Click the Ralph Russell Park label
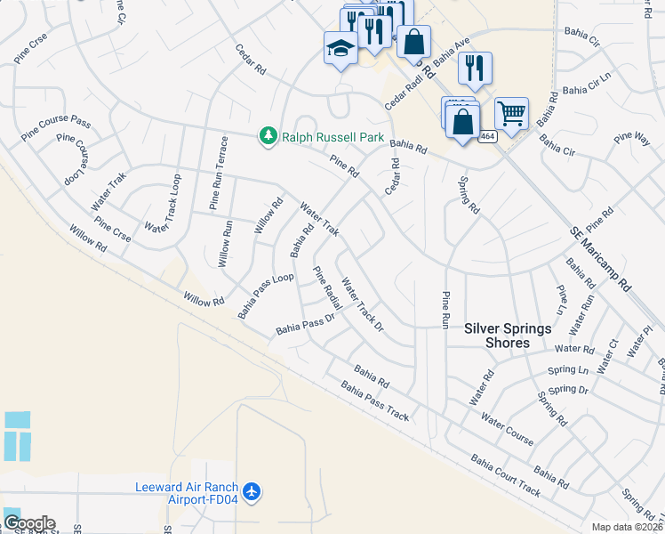coord(333,137)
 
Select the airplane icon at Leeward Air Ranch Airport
coord(252,491)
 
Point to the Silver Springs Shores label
coord(509,336)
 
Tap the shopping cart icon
coord(511,113)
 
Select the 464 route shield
coord(487,136)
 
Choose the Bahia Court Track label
coord(505,476)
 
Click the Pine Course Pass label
coord(57,122)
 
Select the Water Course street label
coord(507,428)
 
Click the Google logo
coord(29,523)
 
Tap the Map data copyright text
coord(627,527)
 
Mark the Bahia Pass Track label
coord(374,401)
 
